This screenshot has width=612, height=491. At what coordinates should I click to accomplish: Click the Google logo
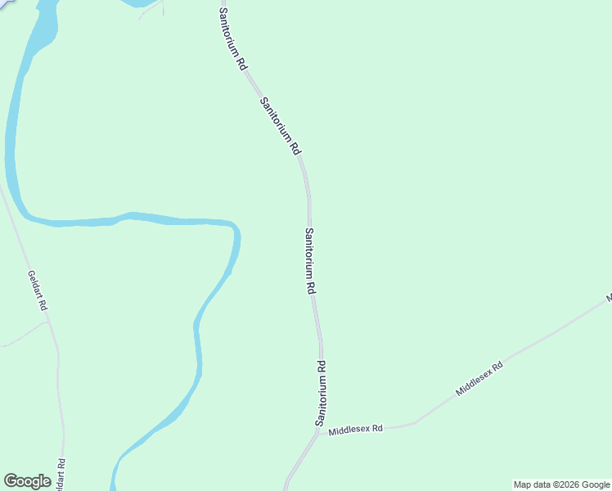[28, 481]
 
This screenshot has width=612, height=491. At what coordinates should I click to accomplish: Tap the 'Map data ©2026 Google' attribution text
[562, 484]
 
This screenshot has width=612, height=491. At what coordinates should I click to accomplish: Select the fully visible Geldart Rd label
[38, 291]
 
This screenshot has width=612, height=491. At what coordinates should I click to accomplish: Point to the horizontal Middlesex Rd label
[356, 429]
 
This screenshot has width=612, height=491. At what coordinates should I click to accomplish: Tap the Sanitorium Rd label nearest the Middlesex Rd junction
[321, 393]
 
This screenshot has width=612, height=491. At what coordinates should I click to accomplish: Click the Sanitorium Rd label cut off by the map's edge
[232, 37]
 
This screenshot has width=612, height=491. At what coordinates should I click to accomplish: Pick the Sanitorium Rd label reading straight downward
[310, 261]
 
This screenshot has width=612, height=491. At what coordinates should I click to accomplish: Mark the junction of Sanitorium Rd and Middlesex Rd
[319, 430]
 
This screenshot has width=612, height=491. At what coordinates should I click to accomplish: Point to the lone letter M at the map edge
[609, 298]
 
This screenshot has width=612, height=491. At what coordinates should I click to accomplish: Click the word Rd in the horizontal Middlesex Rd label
[377, 428]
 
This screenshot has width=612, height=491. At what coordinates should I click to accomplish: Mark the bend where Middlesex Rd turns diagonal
[415, 423]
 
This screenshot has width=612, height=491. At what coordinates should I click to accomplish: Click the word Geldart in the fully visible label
[35, 283]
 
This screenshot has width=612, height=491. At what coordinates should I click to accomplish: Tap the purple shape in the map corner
[7, 4]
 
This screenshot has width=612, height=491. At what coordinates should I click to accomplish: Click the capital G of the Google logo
[11, 480]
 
